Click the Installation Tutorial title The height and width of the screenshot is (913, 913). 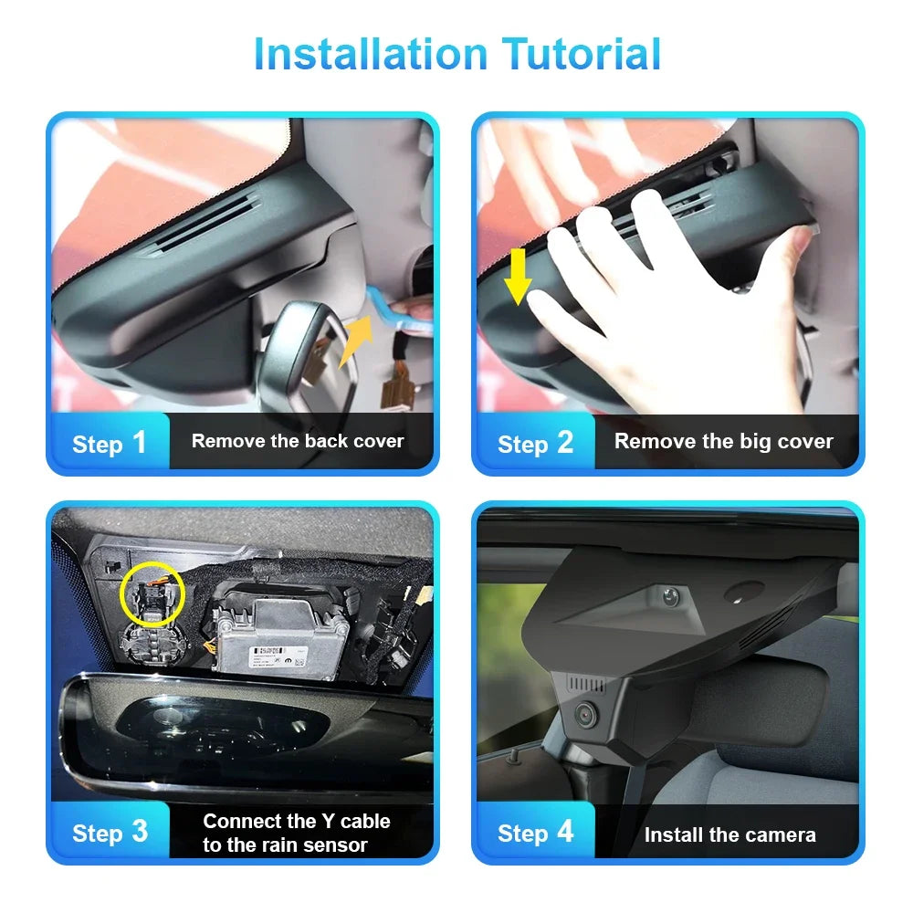[x=456, y=54]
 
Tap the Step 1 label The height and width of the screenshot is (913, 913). [x=109, y=443]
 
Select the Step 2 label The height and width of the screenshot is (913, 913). [x=535, y=443]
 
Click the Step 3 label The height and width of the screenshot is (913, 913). [x=109, y=832]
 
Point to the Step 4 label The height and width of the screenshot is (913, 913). [x=535, y=832]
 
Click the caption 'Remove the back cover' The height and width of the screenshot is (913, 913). [x=298, y=441]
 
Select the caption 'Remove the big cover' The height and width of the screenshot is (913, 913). [x=723, y=442]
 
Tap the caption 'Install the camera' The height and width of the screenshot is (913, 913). [x=729, y=834]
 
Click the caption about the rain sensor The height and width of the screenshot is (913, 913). [x=297, y=833]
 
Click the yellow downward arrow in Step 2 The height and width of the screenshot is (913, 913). [x=518, y=275]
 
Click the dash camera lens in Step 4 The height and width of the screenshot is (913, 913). [x=585, y=715]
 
